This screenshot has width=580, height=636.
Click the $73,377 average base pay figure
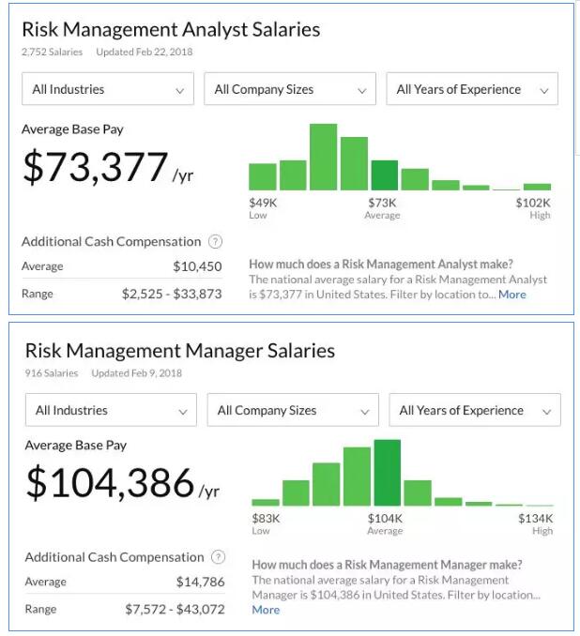click(95, 167)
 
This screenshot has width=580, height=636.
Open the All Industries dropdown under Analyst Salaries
click(108, 89)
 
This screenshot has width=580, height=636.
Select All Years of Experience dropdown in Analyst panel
click(472, 89)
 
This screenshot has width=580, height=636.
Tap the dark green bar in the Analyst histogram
click(384, 175)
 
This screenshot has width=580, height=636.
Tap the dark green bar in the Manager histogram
click(387, 473)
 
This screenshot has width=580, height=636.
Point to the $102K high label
click(533, 203)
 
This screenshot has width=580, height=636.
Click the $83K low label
click(266, 518)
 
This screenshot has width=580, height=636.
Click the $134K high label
click(536, 518)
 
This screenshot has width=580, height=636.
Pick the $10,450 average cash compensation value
click(197, 266)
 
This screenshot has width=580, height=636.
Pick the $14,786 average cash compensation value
click(201, 582)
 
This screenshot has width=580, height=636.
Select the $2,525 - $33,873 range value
click(172, 294)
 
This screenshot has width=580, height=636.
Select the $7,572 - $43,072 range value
click(175, 609)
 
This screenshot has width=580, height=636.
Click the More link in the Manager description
click(266, 610)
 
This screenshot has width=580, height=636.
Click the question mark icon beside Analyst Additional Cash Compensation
click(216, 241)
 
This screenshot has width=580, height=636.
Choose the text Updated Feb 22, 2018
click(144, 52)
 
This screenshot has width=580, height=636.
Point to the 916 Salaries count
click(53, 372)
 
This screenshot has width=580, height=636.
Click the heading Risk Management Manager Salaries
click(179, 351)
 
